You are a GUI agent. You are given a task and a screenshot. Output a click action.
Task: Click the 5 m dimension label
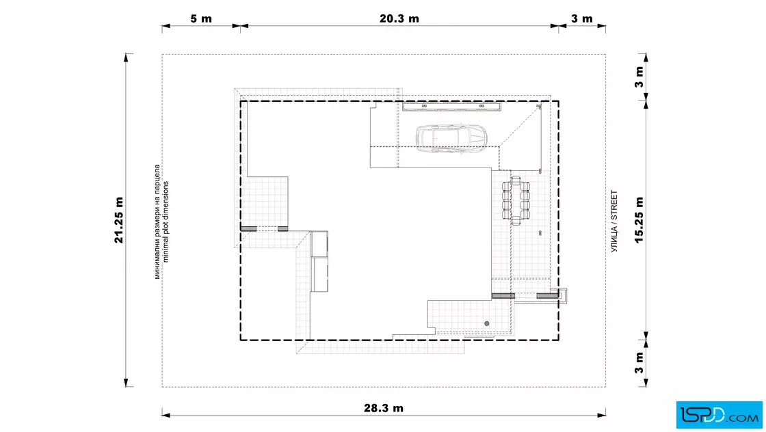pyautogui.click(x=201, y=18)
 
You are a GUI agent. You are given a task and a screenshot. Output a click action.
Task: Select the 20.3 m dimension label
pyautogui.click(x=399, y=18)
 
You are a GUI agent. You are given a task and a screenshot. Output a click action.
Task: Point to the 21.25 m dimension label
pyautogui.click(x=119, y=220)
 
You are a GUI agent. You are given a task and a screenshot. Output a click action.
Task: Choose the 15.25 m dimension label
pyautogui.click(x=639, y=220)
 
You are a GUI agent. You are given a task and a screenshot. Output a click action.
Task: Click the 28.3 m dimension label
pyautogui.click(x=384, y=408)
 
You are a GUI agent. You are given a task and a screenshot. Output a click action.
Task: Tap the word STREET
pyautogui.click(x=614, y=205)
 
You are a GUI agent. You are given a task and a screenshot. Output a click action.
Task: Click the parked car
pyautogui.click(x=451, y=139)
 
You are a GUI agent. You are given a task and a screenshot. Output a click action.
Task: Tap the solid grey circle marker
pyautogui.click(x=486, y=323)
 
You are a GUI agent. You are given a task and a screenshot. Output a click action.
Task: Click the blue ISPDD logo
pyautogui.click(x=719, y=415)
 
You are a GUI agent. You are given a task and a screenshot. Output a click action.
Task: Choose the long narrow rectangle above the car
pyautogui.click(x=452, y=107)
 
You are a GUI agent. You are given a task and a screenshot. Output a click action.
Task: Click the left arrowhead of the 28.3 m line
pyautogui.click(x=166, y=416)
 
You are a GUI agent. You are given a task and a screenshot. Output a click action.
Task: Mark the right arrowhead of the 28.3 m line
pyautogui.click(x=601, y=416)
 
